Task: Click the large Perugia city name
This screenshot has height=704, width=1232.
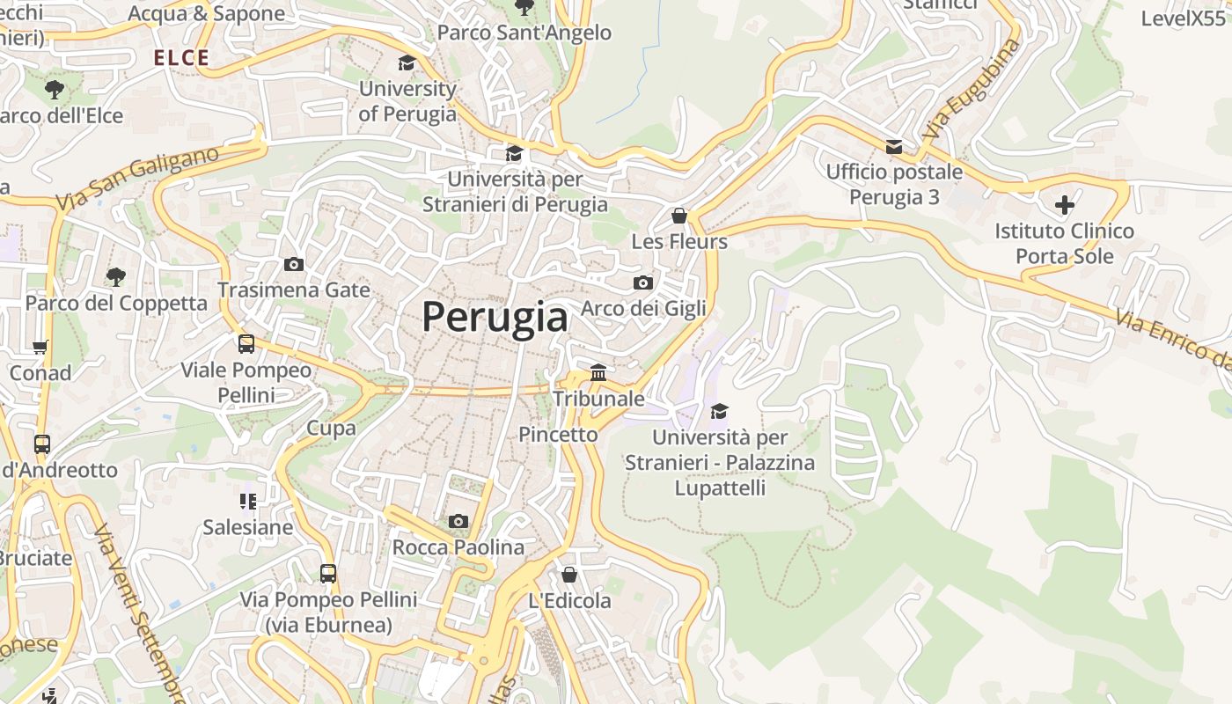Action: click(x=495, y=317)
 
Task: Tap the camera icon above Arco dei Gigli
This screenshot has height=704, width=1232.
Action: click(x=643, y=282)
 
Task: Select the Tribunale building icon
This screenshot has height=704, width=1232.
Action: click(x=598, y=372)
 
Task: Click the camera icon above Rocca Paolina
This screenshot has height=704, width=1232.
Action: click(x=458, y=522)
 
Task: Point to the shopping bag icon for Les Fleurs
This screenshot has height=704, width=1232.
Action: click(x=678, y=216)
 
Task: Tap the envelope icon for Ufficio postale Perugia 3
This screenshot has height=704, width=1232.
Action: click(x=894, y=146)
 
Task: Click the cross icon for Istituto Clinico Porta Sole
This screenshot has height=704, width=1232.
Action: click(x=1065, y=205)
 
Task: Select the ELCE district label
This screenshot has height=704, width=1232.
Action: click(x=181, y=58)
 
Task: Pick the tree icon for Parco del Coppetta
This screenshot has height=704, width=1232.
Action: click(x=115, y=277)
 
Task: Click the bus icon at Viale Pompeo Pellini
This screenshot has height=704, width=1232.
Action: click(x=246, y=344)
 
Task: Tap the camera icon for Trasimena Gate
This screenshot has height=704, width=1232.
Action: click(x=294, y=264)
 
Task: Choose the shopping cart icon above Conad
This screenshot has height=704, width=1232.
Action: click(x=40, y=347)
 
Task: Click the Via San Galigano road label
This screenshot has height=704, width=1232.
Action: click(x=137, y=179)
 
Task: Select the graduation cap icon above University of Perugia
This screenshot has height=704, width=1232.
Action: click(x=407, y=62)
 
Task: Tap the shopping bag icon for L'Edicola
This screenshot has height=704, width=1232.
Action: click(x=569, y=575)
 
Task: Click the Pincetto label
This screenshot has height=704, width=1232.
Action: click(x=558, y=434)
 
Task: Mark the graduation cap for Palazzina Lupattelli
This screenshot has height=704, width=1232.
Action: click(x=719, y=411)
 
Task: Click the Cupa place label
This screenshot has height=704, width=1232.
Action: click(x=331, y=429)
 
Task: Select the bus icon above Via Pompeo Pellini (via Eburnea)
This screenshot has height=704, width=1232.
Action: click(x=328, y=574)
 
